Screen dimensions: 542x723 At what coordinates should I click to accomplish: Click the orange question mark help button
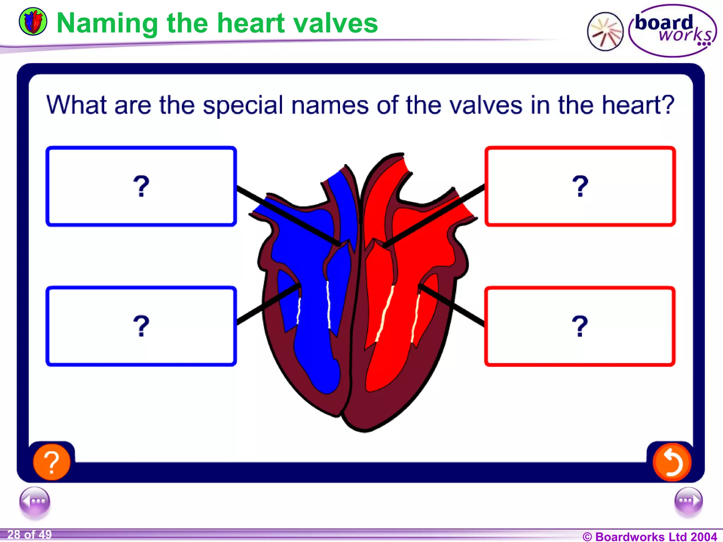52,462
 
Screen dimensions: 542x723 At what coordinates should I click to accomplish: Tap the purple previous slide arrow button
35,501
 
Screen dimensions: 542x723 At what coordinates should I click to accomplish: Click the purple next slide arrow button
688,501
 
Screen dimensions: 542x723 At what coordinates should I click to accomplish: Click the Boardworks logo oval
673,31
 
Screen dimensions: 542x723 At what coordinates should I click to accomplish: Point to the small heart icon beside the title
33,22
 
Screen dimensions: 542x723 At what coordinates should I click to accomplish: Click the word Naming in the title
107,23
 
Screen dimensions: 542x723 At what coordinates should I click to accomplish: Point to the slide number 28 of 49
30,535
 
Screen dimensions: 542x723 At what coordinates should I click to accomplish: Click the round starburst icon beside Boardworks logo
605,32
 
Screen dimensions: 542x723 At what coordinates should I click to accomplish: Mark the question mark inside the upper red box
580,186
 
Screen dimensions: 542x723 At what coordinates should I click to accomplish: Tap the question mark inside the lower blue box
141,326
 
